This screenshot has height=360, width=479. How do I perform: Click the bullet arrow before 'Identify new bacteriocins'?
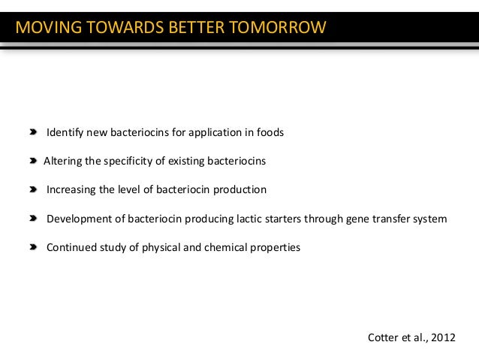click(x=34, y=132)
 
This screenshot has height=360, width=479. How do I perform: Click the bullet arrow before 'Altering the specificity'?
click(x=34, y=161)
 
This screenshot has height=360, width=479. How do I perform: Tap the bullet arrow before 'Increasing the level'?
click(x=34, y=189)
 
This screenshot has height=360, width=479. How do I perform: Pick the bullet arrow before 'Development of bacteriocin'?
click(x=34, y=219)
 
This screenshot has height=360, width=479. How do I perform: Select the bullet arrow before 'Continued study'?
click(x=34, y=247)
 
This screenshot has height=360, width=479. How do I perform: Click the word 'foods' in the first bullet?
click(x=270, y=133)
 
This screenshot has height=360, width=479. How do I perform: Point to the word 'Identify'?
click(x=65, y=133)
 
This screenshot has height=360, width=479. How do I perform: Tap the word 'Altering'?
click(x=63, y=162)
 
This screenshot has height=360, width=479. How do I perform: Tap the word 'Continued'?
click(x=70, y=247)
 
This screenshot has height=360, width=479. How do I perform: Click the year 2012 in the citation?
click(x=443, y=337)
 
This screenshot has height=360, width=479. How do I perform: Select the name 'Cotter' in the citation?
click(x=383, y=337)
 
